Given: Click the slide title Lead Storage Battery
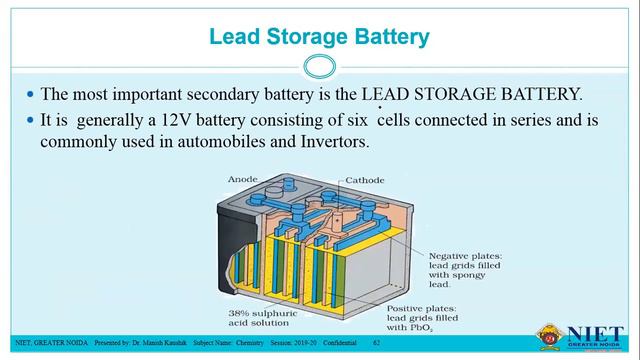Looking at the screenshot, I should pyautogui.click(x=320, y=37).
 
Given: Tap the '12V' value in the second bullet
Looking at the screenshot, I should pyautogui.click(x=172, y=121).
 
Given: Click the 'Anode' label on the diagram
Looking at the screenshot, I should pyautogui.click(x=243, y=179).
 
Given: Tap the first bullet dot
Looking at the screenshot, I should pyautogui.click(x=30, y=96).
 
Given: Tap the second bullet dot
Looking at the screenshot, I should pyautogui.click(x=30, y=121).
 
